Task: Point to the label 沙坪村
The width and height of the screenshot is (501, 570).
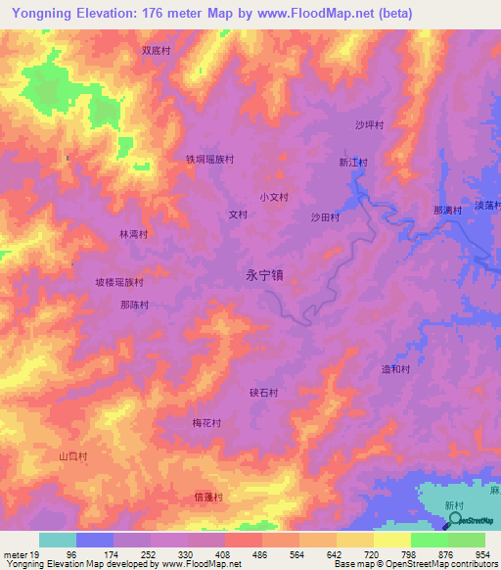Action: pyautogui.click(x=369, y=125)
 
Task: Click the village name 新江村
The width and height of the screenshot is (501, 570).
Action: pyautogui.click(x=353, y=163)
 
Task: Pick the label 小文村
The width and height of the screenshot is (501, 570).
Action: pyautogui.click(x=274, y=197)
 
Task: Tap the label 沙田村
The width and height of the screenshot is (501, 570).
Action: pyautogui.click(x=325, y=216)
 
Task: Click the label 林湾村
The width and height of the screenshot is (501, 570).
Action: pyautogui.click(x=133, y=234)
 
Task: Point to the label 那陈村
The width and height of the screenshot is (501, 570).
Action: pyautogui.click(x=134, y=305)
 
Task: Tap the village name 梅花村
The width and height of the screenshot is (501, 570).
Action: pyautogui.click(x=206, y=423)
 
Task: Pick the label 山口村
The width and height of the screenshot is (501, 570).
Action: pyautogui.click(x=73, y=456)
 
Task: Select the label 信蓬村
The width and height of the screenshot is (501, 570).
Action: pyautogui.click(x=208, y=497)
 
